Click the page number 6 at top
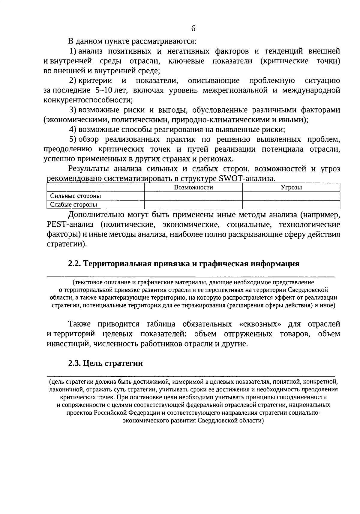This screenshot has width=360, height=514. [x=193, y=28]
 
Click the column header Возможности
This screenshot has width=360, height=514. [x=193, y=188]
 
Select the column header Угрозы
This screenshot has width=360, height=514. [x=291, y=188]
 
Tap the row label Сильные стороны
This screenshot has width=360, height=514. [x=75, y=196]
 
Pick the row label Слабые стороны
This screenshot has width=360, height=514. [x=73, y=205]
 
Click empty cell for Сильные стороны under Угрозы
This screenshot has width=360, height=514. [x=291, y=196]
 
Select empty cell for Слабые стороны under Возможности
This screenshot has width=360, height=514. [x=193, y=205]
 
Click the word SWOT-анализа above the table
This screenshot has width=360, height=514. [x=247, y=179]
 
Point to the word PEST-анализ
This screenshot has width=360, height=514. [x=70, y=225]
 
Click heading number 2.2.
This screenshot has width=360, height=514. [x=74, y=264]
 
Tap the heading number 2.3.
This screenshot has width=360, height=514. [x=74, y=363]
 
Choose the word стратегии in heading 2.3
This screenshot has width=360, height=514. [x=124, y=363]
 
